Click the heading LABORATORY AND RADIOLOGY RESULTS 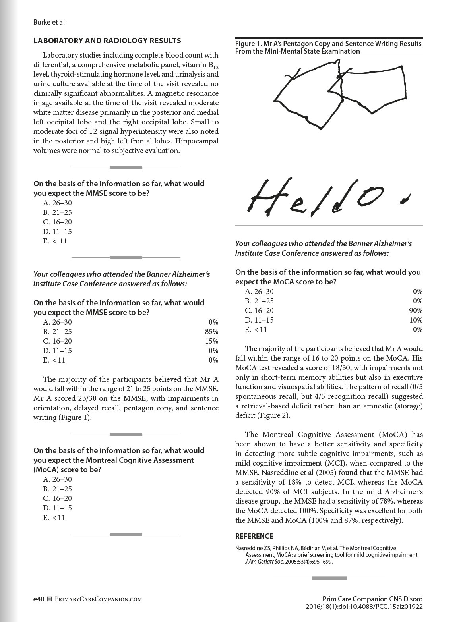107,41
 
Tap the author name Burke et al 49,22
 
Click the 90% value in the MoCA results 416,311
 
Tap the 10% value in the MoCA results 416,320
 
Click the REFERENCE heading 254,536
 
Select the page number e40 39,599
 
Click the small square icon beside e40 50,599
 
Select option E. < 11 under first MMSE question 55,241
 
